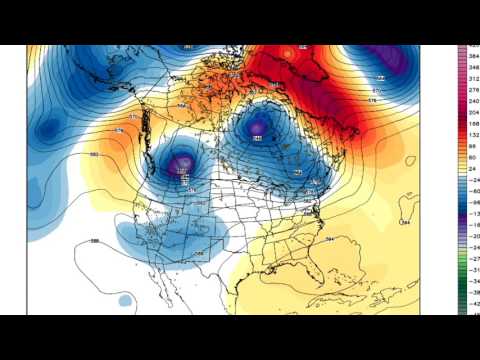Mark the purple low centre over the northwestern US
tap(181, 163)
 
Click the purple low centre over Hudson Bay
tap(258, 127)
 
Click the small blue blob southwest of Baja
tap(124, 299)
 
